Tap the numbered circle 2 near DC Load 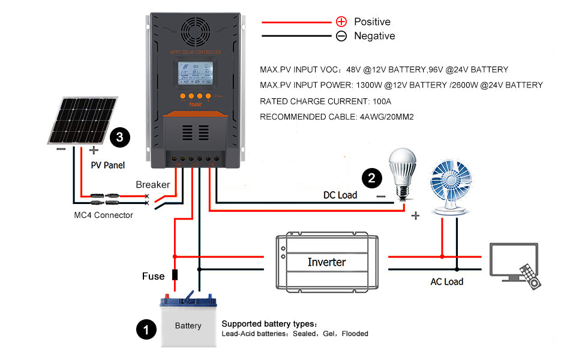point(371,178)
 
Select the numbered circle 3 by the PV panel point(120,137)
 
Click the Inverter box point(326,262)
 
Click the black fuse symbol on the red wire point(175,275)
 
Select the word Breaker point(152,185)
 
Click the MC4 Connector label point(101,215)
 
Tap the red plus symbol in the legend point(341,22)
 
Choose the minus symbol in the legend point(341,36)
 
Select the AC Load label point(446,281)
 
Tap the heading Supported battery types point(273,323)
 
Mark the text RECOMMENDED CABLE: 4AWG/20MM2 point(337,117)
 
